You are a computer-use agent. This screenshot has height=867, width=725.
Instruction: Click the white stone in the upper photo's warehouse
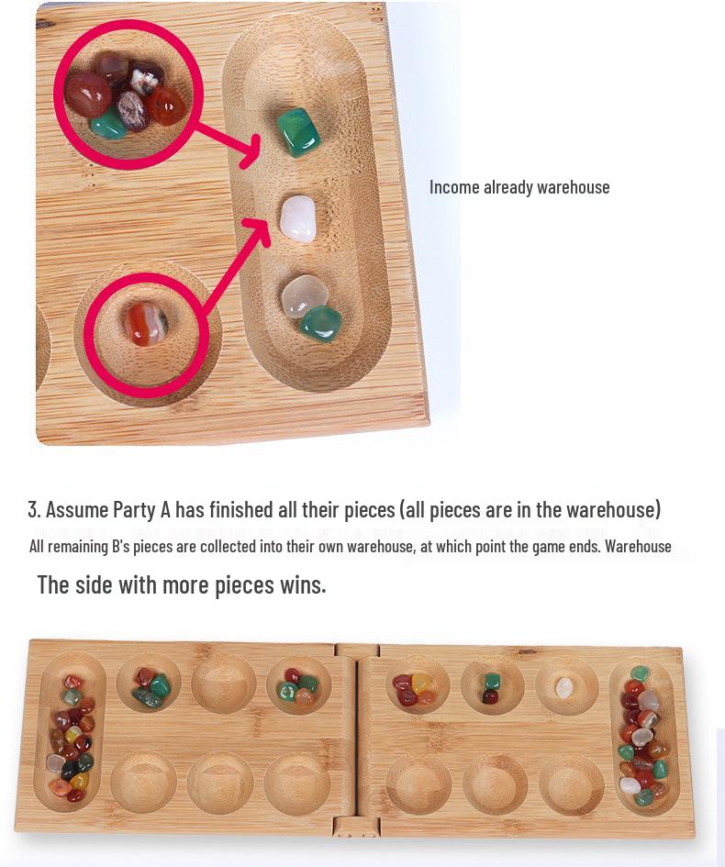click(x=297, y=217)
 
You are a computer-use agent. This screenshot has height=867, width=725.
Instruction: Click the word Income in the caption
click(x=454, y=187)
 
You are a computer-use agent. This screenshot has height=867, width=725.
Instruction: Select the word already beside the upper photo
click(x=507, y=187)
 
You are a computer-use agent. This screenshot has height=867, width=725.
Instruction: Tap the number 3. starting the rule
click(x=34, y=509)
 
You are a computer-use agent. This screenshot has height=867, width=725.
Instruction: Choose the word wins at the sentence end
click(x=302, y=584)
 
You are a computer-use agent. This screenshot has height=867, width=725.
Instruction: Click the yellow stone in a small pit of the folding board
click(x=422, y=683)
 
